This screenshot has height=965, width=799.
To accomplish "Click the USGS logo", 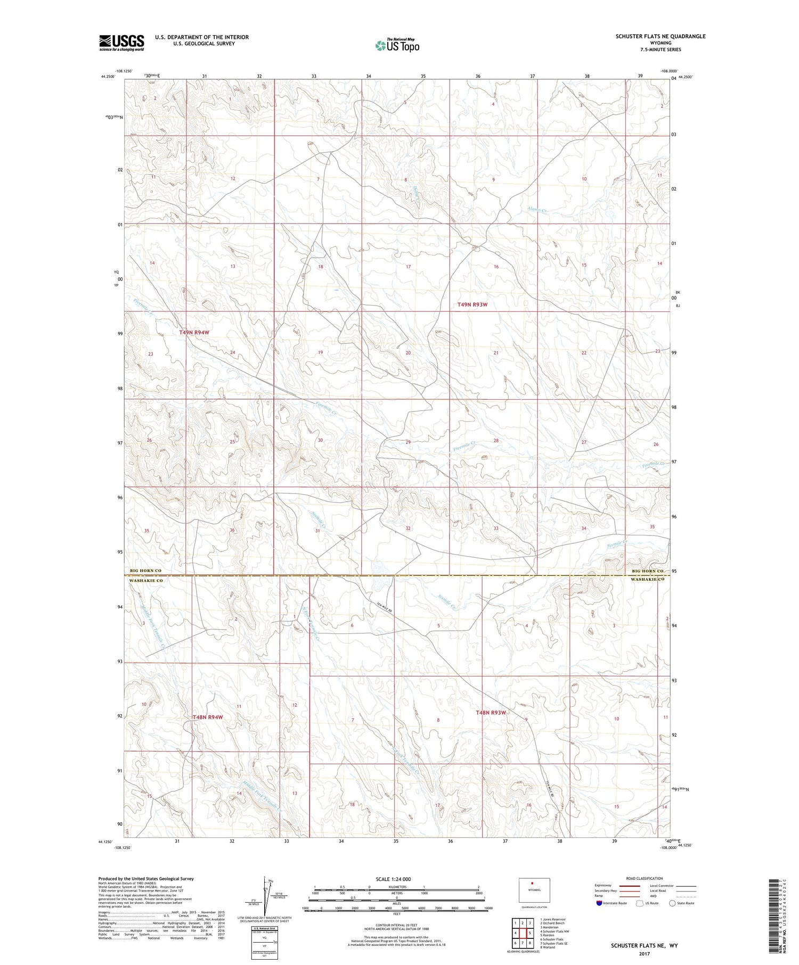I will [x=121, y=43].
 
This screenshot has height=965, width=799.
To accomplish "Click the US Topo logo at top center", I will [x=397, y=46].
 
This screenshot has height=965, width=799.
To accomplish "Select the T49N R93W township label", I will [x=472, y=304].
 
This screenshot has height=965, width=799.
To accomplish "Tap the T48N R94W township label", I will [x=208, y=717].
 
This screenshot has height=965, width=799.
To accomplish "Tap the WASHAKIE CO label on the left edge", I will [x=145, y=581].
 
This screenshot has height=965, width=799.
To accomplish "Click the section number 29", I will [x=408, y=442].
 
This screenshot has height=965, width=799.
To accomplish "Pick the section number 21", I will [x=496, y=353].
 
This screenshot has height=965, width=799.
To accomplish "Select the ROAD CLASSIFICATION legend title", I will [x=645, y=878].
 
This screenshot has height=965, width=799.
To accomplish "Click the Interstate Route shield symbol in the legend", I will [x=599, y=903].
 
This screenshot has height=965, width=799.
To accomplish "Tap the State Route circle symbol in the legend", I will [x=672, y=903].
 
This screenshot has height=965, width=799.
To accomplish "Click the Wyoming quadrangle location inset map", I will [x=534, y=890].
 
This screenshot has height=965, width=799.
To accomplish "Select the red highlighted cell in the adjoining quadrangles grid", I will [x=530, y=933].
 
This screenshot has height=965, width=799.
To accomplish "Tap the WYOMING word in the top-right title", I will [x=661, y=43].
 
